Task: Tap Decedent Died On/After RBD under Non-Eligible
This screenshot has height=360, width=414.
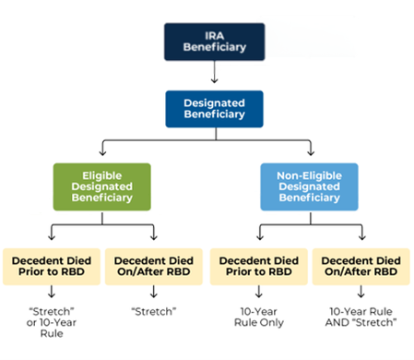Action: pyautogui.click(x=359, y=266)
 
